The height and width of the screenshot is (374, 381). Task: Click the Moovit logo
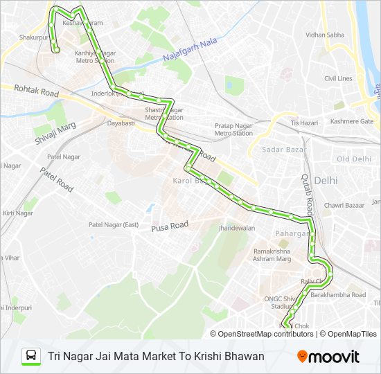pos(328,357)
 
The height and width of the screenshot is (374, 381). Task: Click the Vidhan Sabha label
pos(324,35)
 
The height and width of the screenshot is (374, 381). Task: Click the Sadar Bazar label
pos(279,149)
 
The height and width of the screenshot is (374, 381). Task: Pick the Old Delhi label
pos(353,159)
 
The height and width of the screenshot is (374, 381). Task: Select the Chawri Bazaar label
pos(344,205)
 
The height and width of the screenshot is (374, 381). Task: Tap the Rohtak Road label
pos(36,91)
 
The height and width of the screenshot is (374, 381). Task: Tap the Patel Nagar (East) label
pos(114,224)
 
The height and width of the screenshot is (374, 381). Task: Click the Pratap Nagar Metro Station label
pos(233,129)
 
